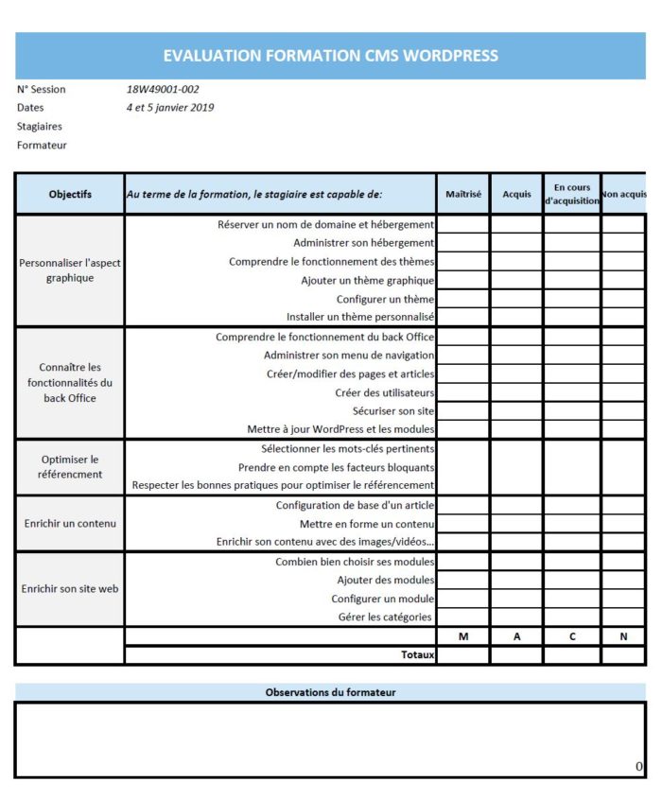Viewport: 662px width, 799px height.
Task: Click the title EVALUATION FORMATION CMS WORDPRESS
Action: click(x=330, y=56)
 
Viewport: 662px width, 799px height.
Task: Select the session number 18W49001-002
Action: click(x=163, y=90)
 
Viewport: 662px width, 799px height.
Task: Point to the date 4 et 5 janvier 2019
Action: click(x=170, y=108)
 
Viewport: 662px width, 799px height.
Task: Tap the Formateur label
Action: click(x=42, y=146)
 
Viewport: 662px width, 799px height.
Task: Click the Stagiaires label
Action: click(x=40, y=127)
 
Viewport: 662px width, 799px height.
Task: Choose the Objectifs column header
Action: click(x=70, y=194)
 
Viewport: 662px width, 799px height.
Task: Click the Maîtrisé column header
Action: click(x=463, y=194)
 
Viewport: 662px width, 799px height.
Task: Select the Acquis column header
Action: click(x=516, y=194)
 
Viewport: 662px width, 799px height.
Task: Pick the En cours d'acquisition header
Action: click(x=571, y=194)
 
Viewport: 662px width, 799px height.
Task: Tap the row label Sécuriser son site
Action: click(x=393, y=411)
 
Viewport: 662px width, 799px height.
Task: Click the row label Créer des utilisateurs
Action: click(x=384, y=392)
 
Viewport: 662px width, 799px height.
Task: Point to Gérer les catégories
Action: click(x=386, y=617)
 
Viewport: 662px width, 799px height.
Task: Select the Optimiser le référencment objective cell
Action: click(x=70, y=467)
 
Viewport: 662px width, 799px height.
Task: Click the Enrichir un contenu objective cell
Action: click(x=70, y=524)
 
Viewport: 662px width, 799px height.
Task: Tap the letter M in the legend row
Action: click(x=463, y=636)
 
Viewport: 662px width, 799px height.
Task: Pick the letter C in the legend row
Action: click(x=571, y=636)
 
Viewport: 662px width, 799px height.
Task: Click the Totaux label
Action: click(x=417, y=654)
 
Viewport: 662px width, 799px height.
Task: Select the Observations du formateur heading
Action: click(x=330, y=692)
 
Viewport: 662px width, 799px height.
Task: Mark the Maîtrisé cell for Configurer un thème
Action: click(x=463, y=300)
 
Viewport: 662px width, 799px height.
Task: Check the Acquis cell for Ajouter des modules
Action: click(x=516, y=580)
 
